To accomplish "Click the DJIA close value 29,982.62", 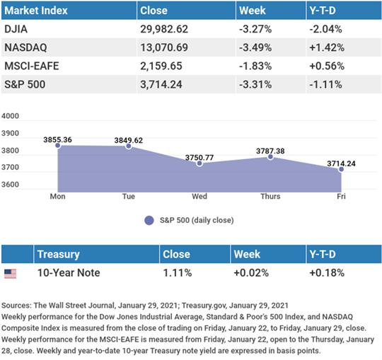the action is [x=164, y=29].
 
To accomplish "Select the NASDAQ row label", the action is [x=25, y=47].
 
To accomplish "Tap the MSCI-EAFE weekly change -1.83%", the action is [x=255, y=66].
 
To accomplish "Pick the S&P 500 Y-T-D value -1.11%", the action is [x=325, y=85].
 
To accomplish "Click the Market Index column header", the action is [x=36, y=11].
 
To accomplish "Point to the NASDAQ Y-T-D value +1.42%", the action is [x=327, y=47].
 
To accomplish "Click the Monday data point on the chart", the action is [x=58, y=146].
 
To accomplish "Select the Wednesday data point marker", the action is [x=199, y=163].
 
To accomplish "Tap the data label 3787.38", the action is [x=270, y=151].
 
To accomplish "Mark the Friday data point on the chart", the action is [x=341, y=169].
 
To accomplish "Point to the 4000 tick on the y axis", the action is [x=10, y=116].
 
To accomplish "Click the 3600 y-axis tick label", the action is [x=10, y=185].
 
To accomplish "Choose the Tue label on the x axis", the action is [x=129, y=197].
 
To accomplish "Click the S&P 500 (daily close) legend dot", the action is [x=149, y=221].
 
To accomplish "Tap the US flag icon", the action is [x=10, y=274].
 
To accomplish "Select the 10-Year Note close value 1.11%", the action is [x=178, y=273].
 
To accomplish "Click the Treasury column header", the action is [x=59, y=255].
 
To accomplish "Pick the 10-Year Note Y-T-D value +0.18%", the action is [x=327, y=273].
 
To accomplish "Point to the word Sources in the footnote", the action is [x=16, y=306].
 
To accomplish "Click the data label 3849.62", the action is [x=129, y=140].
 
